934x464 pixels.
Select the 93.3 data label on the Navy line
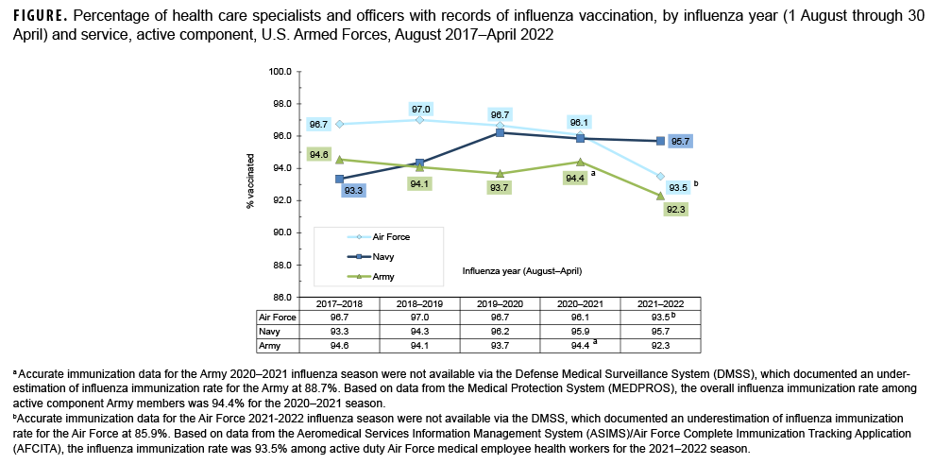point(354,191)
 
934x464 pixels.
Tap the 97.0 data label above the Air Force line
point(420,110)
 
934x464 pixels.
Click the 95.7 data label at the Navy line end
point(680,142)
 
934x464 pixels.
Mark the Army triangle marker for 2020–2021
point(580,162)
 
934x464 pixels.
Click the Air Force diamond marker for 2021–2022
point(660,177)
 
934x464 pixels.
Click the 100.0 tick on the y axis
point(280,72)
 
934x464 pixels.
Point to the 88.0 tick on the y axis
point(281,265)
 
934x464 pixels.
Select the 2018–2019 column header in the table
point(420,303)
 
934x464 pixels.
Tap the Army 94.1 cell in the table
point(420,346)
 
